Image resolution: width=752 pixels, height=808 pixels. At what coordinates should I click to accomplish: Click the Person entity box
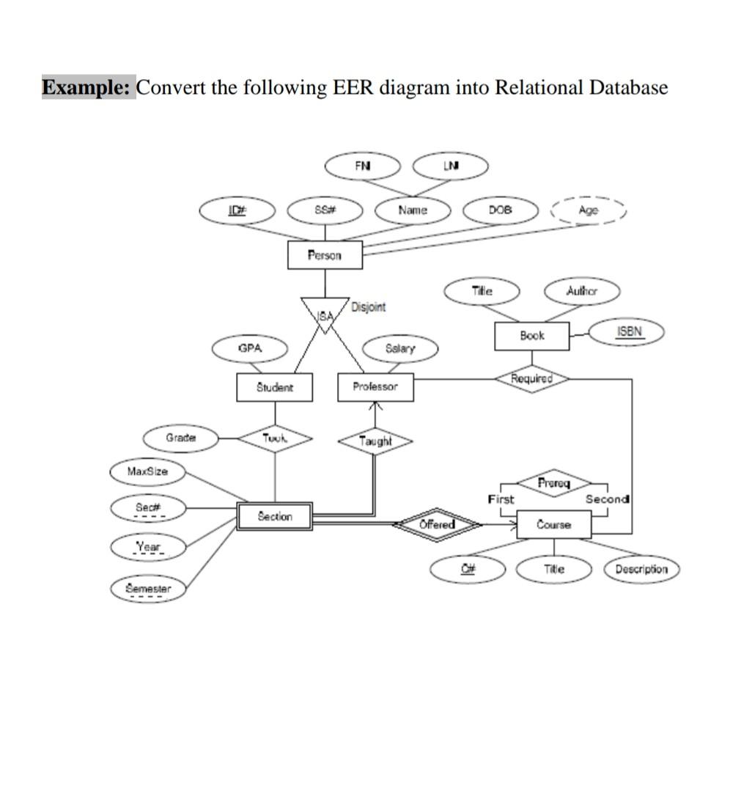325,255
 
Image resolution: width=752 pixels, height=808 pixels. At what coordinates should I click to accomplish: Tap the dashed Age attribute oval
587,210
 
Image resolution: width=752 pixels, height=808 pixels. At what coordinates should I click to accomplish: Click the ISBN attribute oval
628,331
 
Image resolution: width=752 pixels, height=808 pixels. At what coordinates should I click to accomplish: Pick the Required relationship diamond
531,378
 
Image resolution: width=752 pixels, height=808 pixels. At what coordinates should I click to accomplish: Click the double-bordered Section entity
275,516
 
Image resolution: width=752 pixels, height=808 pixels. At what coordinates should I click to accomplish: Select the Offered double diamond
438,524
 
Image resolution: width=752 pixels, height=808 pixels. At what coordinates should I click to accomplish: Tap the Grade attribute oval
180,438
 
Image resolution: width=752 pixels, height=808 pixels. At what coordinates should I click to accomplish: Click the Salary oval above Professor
400,348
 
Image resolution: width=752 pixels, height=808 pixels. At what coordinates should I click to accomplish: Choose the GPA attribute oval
250,348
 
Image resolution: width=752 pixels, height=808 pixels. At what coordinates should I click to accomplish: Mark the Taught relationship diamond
375,441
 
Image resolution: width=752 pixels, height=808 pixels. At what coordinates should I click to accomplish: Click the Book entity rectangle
532,336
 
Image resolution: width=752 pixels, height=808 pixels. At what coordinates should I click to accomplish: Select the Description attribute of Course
641,569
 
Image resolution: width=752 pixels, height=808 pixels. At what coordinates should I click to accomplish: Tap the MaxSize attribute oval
147,471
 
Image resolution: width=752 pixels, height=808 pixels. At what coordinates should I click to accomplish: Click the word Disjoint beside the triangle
369,306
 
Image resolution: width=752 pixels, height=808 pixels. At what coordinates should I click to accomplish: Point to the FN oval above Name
363,166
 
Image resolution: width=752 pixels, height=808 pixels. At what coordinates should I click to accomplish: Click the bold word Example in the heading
86,87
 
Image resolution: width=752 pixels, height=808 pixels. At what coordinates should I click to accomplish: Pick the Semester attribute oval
148,588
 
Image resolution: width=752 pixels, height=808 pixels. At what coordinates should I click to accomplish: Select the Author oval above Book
582,291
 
